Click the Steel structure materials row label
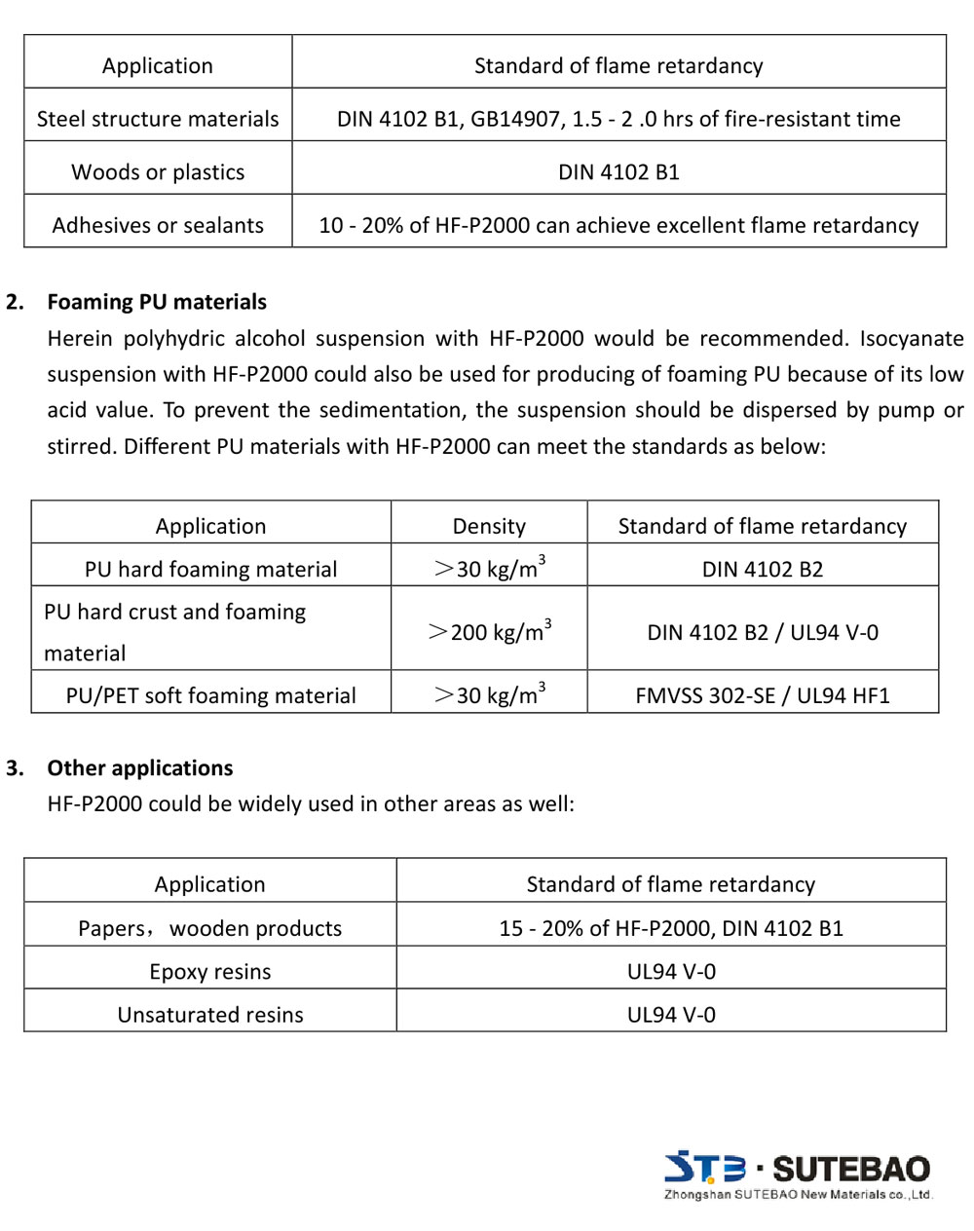[x=158, y=119]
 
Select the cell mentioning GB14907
[x=618, y=119]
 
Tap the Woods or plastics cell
[x=158, y=172]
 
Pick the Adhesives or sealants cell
[x=158, y=225]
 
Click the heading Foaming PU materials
[x=156, y=302]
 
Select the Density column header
[x=489, y=526]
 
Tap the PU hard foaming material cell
[x=210, y=569]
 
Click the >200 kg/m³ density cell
[x=489, y=631]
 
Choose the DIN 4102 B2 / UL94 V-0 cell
[x=763, y=632]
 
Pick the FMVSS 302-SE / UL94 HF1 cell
[x=763, y=695]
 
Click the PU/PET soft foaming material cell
[x=210, y=695]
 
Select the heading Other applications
[x=139, y=768]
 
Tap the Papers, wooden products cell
[x=209, y=928]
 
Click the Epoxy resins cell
[x=209, y=972]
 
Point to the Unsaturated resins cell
[x=209, y=1015]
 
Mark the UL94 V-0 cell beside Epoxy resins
[x=671, y=972]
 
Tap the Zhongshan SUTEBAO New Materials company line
[x=798, y=1195]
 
